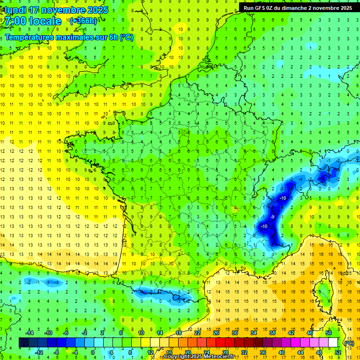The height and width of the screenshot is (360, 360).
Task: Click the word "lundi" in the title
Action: (15, 10)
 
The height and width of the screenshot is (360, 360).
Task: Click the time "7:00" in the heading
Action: (15, 21)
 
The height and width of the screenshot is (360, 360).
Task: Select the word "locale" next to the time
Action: (45, 21)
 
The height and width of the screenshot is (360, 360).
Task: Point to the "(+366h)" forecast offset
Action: (83, 21)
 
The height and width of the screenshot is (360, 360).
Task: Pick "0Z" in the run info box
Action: (273, 7)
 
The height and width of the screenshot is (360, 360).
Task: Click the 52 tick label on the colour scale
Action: (337, 352)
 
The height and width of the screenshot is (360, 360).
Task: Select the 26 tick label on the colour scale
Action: (216, 333)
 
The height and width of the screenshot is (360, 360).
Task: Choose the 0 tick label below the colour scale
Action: (93, 352)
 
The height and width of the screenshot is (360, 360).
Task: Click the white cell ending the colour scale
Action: (333, 343)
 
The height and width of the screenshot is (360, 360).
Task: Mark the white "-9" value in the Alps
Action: (272, 217)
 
